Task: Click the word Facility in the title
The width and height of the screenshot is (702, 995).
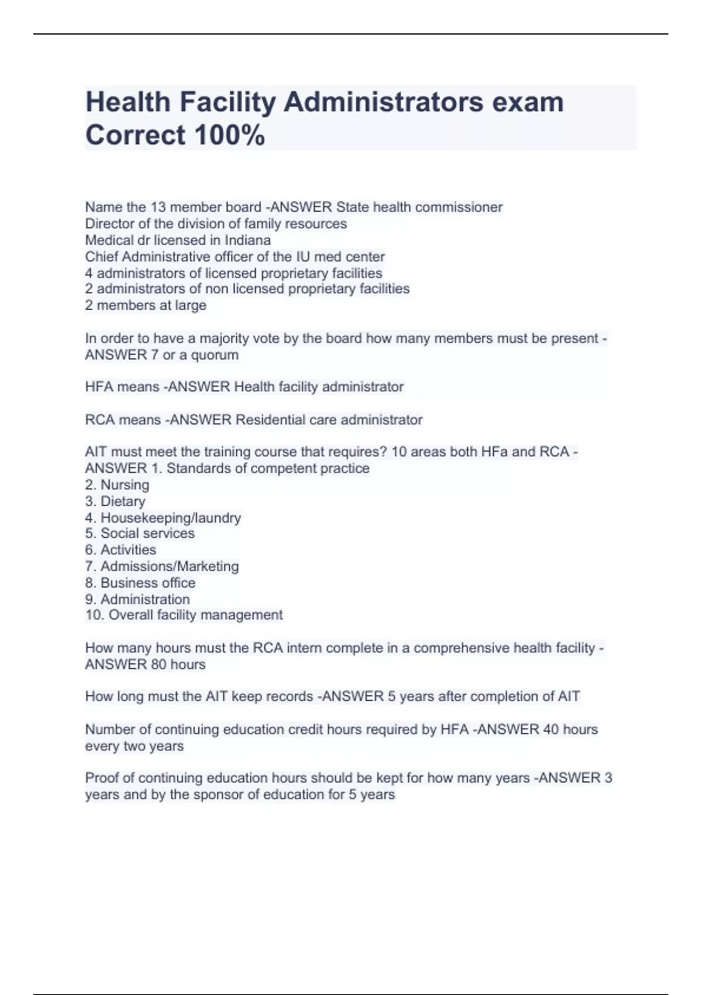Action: (x=228, y=102)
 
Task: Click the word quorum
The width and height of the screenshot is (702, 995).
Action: (x=215, y=355)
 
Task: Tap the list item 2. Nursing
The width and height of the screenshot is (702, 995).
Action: (x=117, y=485)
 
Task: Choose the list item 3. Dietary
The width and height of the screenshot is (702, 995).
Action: (x=115, y=501)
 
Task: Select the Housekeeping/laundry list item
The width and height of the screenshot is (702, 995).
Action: (x=163, y=517)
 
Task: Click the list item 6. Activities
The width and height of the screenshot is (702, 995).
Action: (x=121, y=550)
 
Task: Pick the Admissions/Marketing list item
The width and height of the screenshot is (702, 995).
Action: (x=162, y=566)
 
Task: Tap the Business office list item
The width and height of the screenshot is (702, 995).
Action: (x=140, y=582)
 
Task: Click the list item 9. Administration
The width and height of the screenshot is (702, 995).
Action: (x=137, y=599)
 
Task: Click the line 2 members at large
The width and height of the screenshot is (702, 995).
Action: (x=146, y=305)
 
